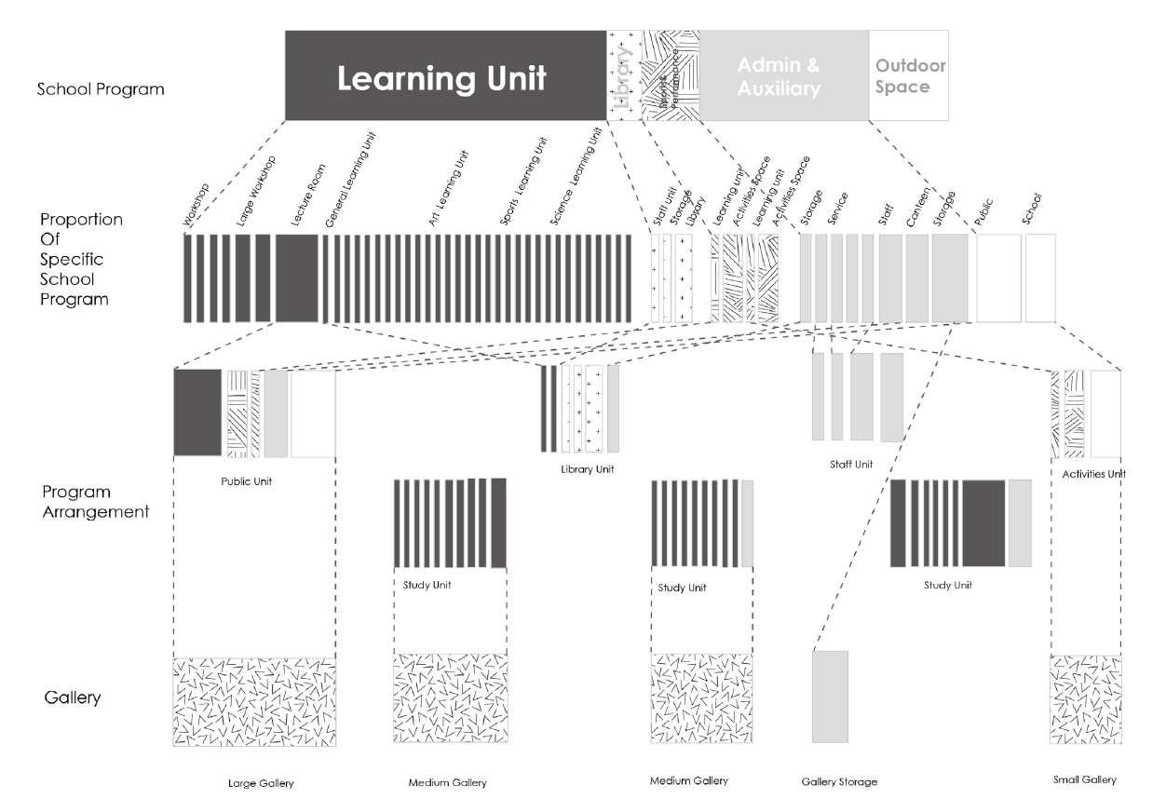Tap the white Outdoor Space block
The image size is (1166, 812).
(x=909, y=76)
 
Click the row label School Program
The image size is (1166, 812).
(x=101, y=89)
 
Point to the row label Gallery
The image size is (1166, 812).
(x=72, y=697)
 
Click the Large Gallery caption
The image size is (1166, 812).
(x=261, y=784)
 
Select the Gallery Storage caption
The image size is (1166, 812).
(x=839, y=782)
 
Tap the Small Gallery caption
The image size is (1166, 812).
(x=1084, y=780)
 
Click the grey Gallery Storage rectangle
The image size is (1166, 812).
(x=830, y=696)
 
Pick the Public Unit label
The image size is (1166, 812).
(x=246, y=482)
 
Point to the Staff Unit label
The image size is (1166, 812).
(x=850, y=464)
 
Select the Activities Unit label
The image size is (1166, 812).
(x=1093, y=475)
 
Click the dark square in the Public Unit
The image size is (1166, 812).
(x=197, y=413)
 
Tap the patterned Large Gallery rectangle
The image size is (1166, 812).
(x=254, y=700)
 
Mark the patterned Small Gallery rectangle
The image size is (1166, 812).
(x=1085, y=700)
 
